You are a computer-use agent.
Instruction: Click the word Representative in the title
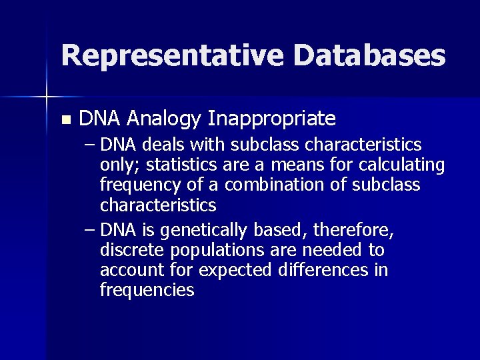pos(173,55)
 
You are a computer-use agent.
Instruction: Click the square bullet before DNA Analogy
pos(65,121)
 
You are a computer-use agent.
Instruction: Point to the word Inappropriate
pos(272,119)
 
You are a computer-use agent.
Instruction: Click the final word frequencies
pos(147,290)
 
